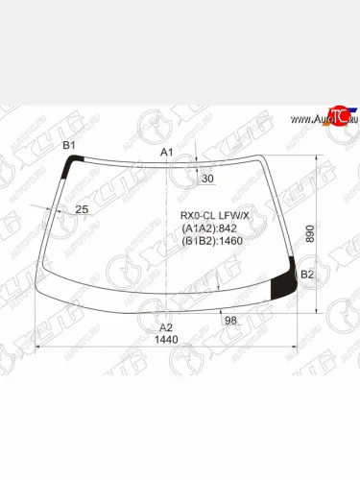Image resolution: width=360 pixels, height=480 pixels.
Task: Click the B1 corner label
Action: (68, 145)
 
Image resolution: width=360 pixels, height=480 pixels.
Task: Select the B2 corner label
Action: (307, 275)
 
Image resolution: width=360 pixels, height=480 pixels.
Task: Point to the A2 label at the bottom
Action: (165, 327)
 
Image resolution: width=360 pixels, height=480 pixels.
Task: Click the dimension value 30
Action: (208, 179)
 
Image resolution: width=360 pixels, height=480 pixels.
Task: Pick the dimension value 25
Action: (82, 209)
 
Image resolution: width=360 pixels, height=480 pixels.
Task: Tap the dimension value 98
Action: (230, 320)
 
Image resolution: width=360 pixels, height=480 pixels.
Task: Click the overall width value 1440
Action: (168, 340)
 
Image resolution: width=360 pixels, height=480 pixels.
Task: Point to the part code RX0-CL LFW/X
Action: (215, 215)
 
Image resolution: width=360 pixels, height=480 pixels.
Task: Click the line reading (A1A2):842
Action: (208, 228)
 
